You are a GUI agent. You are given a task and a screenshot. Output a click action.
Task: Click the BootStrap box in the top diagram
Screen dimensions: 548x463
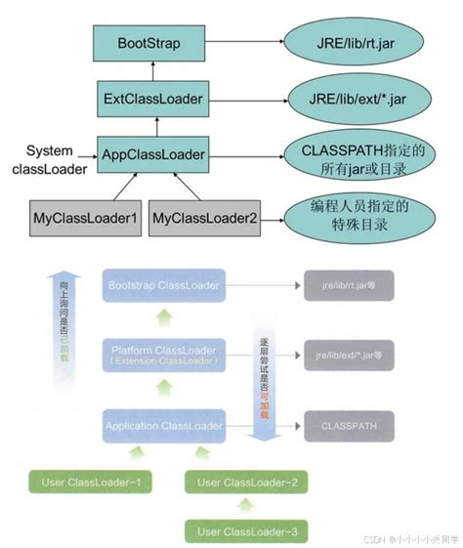[x=148, y=45]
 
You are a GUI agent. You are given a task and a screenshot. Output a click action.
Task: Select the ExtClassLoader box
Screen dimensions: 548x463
[x=153, y=100]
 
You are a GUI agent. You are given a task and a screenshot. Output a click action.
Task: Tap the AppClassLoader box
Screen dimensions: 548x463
[x=153, y=154]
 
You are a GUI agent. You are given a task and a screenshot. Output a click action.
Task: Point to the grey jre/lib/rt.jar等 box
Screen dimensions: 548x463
[x=349, y=285]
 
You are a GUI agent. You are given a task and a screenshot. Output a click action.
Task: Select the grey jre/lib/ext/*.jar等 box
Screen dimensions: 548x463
[x=349, y=355]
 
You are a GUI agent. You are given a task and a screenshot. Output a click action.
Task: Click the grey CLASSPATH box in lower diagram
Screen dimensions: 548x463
[x=349, y=427]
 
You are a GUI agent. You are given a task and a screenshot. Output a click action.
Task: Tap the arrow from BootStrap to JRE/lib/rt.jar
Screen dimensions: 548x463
[x=243, y=45]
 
